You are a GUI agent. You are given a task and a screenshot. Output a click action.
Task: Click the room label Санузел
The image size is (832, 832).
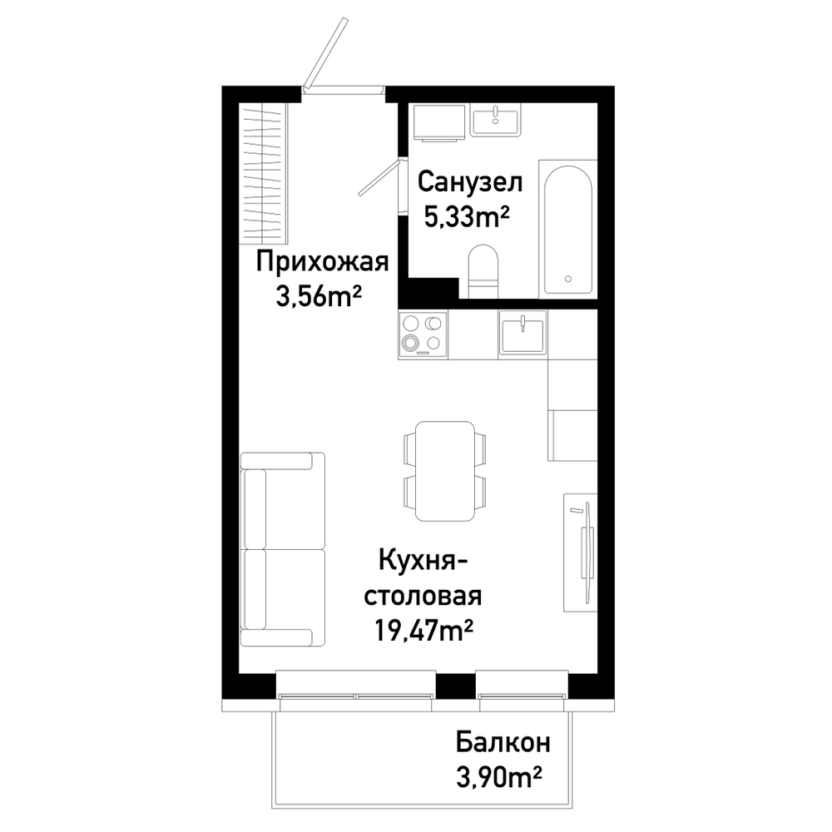(x=470, y=182)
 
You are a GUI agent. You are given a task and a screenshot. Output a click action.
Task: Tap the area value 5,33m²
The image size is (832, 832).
(x=467, y=216)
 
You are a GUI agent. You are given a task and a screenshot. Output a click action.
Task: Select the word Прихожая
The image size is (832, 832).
(x=323, y=262)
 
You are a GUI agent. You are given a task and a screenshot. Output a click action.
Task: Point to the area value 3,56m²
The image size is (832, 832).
(x=319, y=297)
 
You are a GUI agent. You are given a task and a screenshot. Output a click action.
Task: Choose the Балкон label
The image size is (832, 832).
(x=503, y=743)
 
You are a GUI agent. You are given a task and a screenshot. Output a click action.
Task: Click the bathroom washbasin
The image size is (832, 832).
(x=496, y=120)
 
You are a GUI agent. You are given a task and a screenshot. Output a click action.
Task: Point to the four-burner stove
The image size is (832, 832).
(x=423, y=335)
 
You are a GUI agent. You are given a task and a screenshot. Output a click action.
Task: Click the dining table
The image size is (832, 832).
(x=444, y=471)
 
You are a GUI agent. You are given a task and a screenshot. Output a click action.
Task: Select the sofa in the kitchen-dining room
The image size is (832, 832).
(x=282, y=550)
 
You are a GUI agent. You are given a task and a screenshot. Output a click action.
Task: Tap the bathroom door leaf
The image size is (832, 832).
(x=379, y=178)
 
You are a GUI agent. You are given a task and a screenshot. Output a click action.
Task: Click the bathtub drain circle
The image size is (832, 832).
(x=568, y=279)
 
